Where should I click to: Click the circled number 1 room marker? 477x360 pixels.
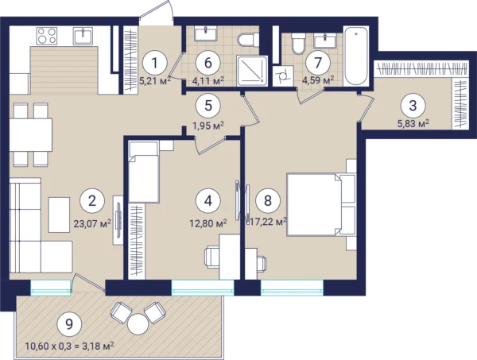point(155,64)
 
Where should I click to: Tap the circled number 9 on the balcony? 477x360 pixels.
point(69,324)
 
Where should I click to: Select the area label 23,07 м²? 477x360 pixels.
point(92,223)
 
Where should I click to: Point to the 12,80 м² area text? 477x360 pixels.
point(208,223)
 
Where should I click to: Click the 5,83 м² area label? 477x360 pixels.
point(413,124)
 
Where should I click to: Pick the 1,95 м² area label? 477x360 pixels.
point(208,125)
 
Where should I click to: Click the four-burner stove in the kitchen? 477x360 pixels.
point(47,36)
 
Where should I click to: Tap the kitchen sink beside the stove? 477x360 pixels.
point(83,36)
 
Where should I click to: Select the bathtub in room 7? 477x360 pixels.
point(356,56)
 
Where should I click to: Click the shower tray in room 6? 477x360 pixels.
point(252,71)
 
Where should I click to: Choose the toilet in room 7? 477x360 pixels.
point(298,44)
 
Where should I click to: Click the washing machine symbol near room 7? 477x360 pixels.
point(283,75)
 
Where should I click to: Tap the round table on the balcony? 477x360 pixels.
point(138,324)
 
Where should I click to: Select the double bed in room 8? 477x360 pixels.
point(321,204)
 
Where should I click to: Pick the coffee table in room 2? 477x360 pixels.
point(60,215)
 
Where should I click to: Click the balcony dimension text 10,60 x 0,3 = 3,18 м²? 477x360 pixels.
point(70,346)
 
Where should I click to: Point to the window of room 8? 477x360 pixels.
point(292,288)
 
